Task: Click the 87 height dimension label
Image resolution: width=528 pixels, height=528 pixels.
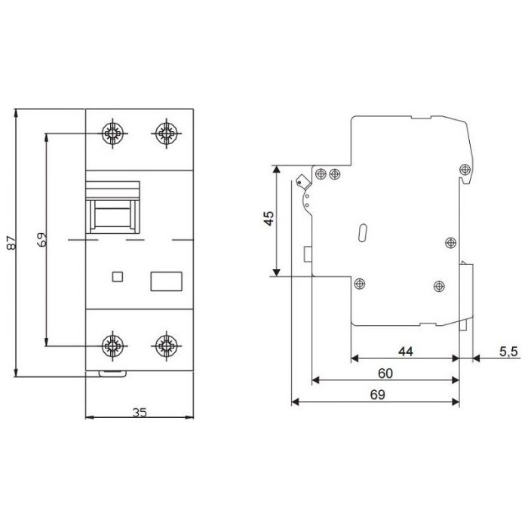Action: point(11,242)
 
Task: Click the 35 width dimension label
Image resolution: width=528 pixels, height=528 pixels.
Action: point(140,412)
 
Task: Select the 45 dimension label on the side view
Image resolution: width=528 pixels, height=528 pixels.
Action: point(269,218)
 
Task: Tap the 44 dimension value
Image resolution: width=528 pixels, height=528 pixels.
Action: point(406,351)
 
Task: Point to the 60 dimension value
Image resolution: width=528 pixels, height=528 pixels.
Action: point(385,373)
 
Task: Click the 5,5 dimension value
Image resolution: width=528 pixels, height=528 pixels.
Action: point(508,351)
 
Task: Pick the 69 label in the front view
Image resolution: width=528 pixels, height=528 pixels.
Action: point(41,239)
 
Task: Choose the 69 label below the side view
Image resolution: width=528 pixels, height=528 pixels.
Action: point(377,394)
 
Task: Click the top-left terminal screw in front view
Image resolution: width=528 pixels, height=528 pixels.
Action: point(112,134)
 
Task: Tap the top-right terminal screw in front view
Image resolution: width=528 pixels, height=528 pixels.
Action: point(167,134)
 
